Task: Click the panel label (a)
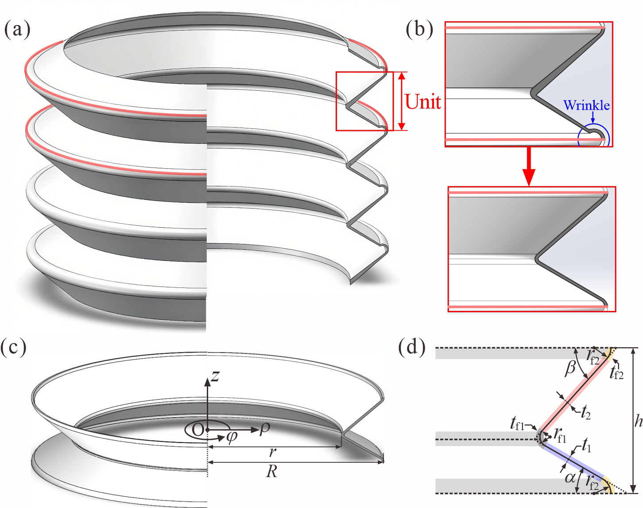click(17, 30)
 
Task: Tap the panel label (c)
click(14, 348)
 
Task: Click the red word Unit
click(423, 102)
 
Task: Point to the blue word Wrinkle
click(586, 105)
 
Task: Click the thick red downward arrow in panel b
click(529, 166)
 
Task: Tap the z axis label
click(215, 376)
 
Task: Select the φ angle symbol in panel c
click(231, 437)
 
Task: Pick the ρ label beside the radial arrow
click(264, 429)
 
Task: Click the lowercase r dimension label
click(273, 452)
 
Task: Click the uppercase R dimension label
click(272, 472)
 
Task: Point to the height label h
click(638, 421)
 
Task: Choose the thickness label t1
click(586, 448)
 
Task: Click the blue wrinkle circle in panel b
click(594, 136)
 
